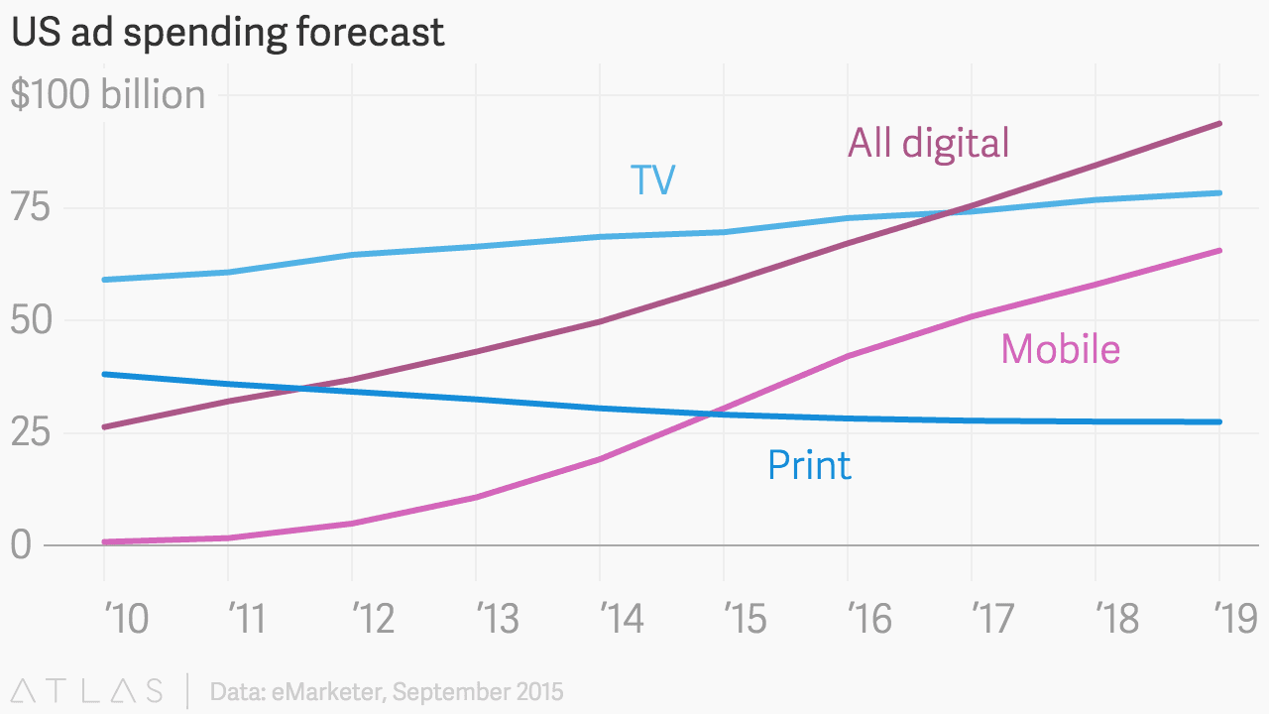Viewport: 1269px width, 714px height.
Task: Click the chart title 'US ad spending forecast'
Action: (227, 33)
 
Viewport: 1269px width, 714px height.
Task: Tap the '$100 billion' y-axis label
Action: (108, 95)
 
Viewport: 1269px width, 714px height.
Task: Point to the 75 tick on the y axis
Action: (30, 208)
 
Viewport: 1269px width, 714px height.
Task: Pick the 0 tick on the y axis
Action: (20, 545)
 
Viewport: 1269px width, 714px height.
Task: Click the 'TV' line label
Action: (652, 180)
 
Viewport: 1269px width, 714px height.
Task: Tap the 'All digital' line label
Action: (928, 143)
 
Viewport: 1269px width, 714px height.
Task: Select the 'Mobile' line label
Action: (1060, 349)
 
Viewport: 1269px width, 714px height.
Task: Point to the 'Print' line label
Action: (809, 465)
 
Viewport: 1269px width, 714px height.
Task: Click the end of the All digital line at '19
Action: (1219, 124)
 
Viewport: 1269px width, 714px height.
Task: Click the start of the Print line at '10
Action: (104, 374)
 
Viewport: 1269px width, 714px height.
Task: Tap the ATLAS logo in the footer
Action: (87, 690)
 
